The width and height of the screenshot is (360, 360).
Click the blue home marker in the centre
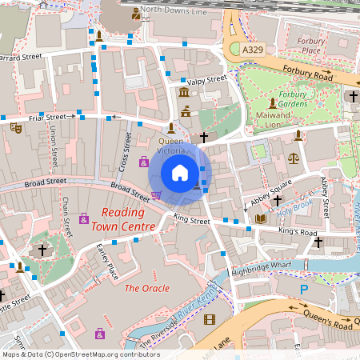180,172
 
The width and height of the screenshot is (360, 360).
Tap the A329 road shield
253,50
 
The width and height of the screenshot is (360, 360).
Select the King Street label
190,218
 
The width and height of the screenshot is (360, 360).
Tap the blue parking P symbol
302,289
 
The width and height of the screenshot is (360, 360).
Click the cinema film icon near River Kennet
210,320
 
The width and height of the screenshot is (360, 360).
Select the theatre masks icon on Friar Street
15,126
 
